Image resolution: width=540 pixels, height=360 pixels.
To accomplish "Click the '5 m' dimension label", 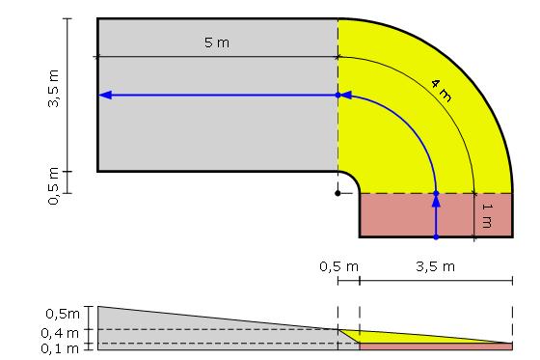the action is pos(217,42).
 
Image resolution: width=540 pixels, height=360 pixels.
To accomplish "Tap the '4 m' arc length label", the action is pos(442,91).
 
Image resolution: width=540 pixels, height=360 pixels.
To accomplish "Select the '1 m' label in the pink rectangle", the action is pos(487,216).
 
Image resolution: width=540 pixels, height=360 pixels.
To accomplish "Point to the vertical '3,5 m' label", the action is pos(54,88).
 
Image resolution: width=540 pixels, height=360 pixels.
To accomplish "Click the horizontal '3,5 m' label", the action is pos(435,266).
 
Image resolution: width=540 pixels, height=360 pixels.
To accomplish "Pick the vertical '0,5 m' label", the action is pos(54,186).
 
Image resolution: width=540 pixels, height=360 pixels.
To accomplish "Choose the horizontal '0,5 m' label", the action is pos(338,266).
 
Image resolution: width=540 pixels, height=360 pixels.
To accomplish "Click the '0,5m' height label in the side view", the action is pos(63,314).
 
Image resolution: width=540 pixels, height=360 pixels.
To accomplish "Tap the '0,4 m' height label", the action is pos(60,333).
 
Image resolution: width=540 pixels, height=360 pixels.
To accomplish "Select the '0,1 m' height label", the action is pos(60,348).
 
